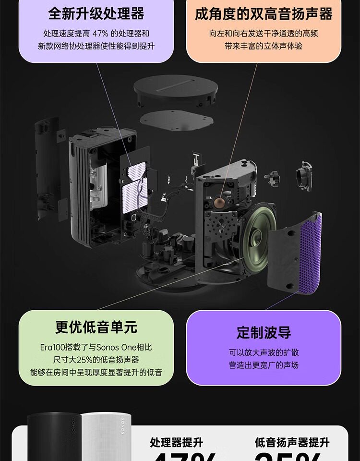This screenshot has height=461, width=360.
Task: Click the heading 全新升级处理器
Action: pos(96,13)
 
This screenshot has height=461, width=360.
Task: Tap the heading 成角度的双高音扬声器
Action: pos(264,13)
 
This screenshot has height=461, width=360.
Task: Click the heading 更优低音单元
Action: pos(96,328)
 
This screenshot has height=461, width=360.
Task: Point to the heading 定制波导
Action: pos(264,332)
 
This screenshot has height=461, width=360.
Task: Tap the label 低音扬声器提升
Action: pos(292,442)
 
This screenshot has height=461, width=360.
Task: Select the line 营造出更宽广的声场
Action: pos(264,365)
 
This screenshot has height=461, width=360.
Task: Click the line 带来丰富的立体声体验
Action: pos(264,46)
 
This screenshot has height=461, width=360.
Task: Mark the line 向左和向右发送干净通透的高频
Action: pos(264,34)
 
